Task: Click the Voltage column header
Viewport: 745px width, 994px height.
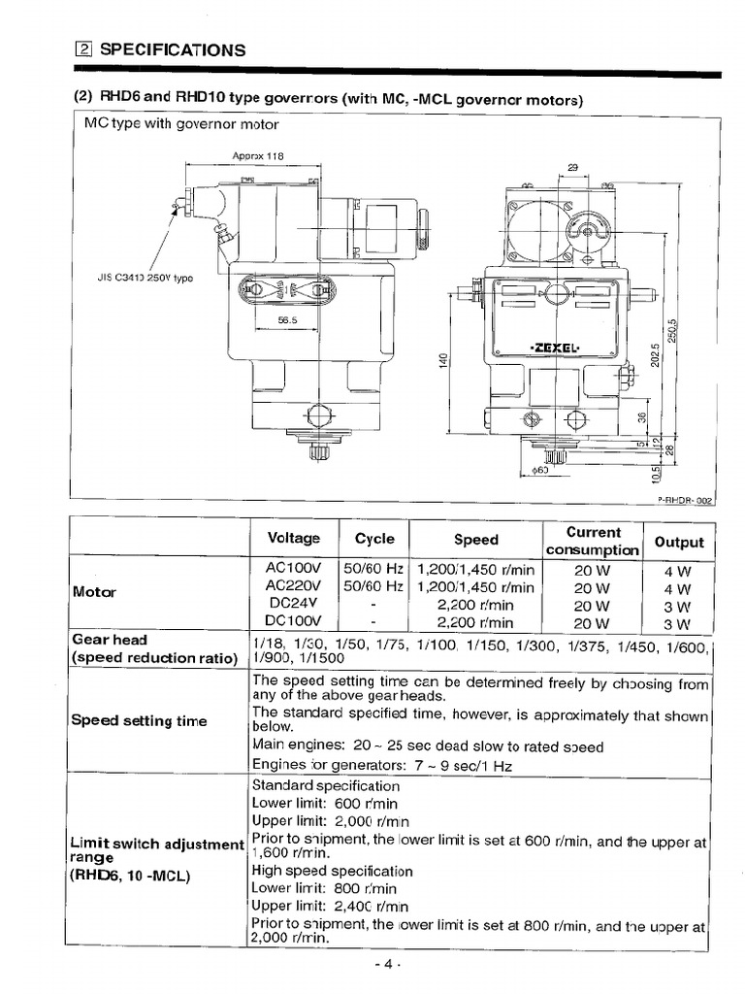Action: coord(292,539)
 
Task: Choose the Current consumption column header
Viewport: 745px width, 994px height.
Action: coord(593,541)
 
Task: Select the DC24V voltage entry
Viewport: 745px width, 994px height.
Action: coord(291,605)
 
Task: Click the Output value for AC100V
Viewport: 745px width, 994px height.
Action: coord(678,571)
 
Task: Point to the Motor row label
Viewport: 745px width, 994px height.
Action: coord(94,592)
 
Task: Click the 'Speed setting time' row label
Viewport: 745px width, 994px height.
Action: coord(139,720)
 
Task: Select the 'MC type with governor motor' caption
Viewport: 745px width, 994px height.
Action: coord(181,124)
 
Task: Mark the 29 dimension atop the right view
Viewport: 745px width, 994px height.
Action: coord(571,167)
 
